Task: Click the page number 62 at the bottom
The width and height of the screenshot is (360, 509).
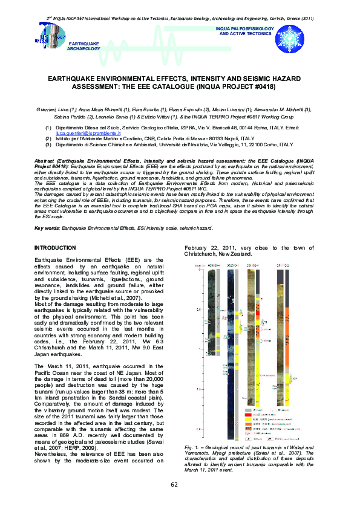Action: click(x=174, y=485)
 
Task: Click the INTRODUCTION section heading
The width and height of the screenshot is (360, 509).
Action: click(x=55, y=248)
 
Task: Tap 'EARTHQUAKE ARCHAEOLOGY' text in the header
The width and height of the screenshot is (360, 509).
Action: click(x=83, y=47)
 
